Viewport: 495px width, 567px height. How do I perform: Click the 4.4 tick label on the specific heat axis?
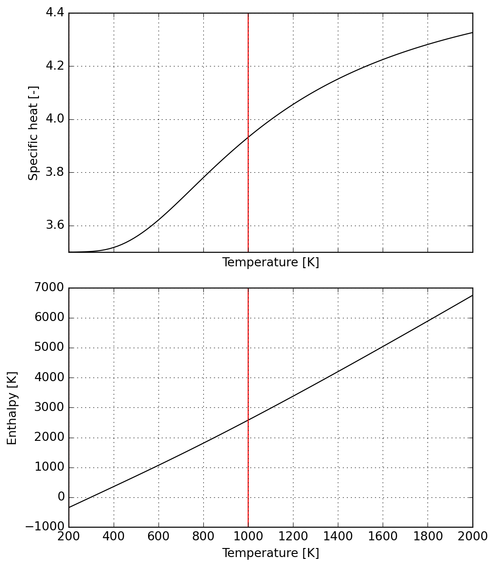(x=55, y=13)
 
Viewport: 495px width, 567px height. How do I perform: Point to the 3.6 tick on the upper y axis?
(x=55, y=225)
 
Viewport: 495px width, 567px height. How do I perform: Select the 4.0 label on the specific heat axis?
(x=55, y=119)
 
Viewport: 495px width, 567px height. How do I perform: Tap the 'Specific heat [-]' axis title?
(x=34, y=133)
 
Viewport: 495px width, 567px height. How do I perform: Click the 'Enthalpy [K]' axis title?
(x=12, y=408)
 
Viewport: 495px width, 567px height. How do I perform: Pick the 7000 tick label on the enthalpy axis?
(x=50, y=288)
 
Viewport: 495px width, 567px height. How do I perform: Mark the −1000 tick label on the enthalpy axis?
(x=45, y=527)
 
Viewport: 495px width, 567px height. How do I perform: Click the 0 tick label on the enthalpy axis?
(x=61, y=497)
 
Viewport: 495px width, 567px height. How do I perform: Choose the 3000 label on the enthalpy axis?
(x=50, y=407)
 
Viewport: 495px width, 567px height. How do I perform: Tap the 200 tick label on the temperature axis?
(x=69, y=537)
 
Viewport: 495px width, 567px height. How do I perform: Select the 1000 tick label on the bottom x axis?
(x=248, y=537)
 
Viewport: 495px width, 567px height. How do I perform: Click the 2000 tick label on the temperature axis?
(x=473, y=537)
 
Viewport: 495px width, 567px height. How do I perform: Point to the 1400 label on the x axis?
(x=338, y=537)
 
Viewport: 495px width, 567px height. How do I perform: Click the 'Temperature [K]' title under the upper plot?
(x=270, y=263)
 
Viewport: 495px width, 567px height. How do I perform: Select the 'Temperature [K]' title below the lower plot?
(x=270, y=553)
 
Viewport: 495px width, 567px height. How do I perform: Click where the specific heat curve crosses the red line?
(x=248, y=137)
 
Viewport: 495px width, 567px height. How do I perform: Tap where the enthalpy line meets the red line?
(x=248, y=420)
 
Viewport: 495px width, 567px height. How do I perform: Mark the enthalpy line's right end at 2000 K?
(x=472, y=295)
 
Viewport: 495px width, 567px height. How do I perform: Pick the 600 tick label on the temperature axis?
(x=159, y=537)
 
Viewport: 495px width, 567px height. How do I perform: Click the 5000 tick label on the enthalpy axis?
(x=50, y=348)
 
